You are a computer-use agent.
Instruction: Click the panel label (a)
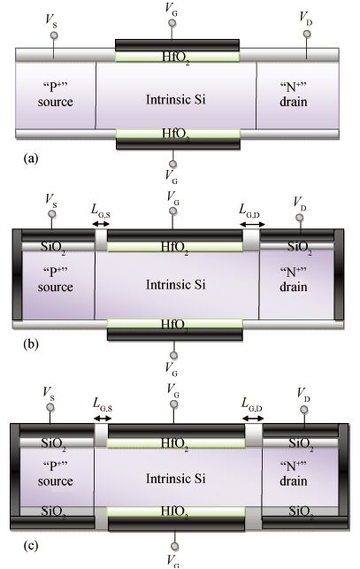30,159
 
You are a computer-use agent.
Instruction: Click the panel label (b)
30,343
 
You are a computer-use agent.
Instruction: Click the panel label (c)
30,545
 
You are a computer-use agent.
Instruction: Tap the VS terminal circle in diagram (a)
54,35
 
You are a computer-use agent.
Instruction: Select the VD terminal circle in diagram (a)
307,35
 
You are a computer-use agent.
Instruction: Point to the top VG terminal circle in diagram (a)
172,23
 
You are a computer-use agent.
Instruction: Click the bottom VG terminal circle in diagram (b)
174,355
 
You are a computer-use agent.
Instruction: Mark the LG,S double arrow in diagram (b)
101,224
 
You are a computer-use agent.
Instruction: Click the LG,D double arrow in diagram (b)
253,225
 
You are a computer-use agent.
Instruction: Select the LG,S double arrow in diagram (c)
103,418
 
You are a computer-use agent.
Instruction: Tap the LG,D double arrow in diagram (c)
253,418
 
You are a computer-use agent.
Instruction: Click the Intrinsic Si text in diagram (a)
176,99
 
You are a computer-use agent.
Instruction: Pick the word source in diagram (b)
56,287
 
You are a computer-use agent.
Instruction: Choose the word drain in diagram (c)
294,481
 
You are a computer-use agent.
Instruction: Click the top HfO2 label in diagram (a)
176,58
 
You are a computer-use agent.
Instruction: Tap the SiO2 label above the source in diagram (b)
53,248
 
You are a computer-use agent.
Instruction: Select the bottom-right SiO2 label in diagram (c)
302,512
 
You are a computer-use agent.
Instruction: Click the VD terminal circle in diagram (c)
304,410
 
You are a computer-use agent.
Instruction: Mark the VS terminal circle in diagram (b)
52,214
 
